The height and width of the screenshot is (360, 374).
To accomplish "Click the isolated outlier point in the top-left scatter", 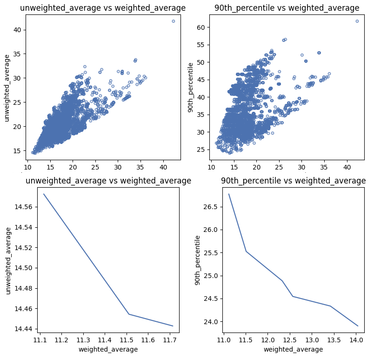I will (173, 21).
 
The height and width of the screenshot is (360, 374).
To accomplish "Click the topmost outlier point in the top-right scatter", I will (357, 21).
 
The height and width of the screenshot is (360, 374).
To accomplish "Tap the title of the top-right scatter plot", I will (287, 8).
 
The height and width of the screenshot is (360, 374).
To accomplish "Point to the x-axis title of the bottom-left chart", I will (108, 349).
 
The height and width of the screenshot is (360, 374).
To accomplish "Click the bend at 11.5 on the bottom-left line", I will (128, 314).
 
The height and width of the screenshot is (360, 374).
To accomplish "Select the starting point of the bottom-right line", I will (229, 194).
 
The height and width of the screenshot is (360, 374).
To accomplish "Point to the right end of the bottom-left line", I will (173, 326).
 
